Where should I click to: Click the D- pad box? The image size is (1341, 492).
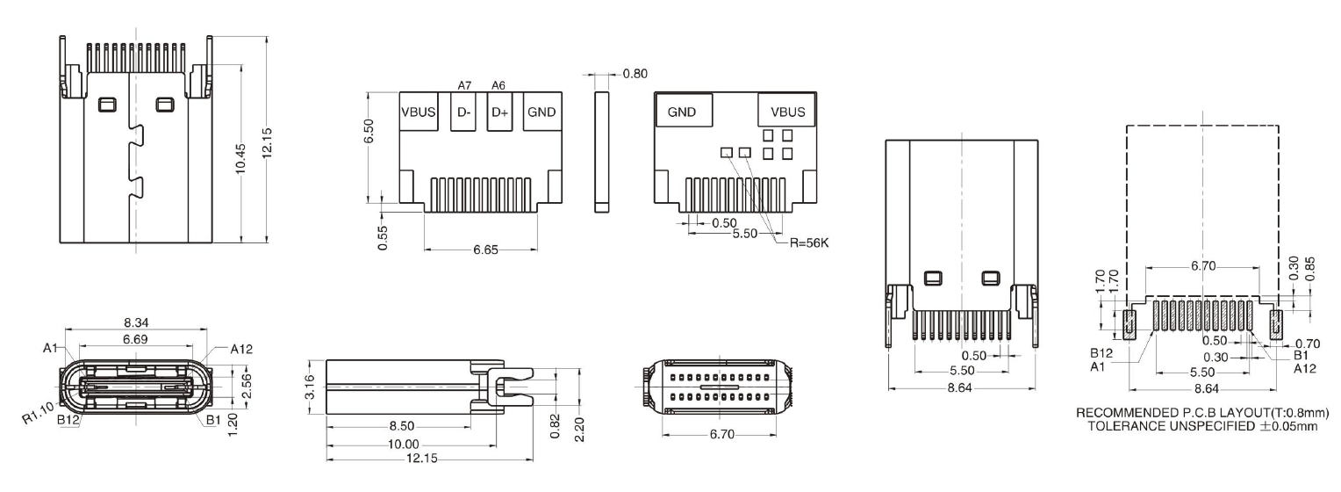pos(463,112)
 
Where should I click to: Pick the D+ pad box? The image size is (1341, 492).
pos(499,112)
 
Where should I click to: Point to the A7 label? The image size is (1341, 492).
pos(465,85)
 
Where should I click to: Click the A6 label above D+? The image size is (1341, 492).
pos(498,85)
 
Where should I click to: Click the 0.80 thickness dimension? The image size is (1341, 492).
pos(635,74)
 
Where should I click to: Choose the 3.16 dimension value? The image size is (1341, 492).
pos(308,386)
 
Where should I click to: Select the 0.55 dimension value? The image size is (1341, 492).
pos(383,238)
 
